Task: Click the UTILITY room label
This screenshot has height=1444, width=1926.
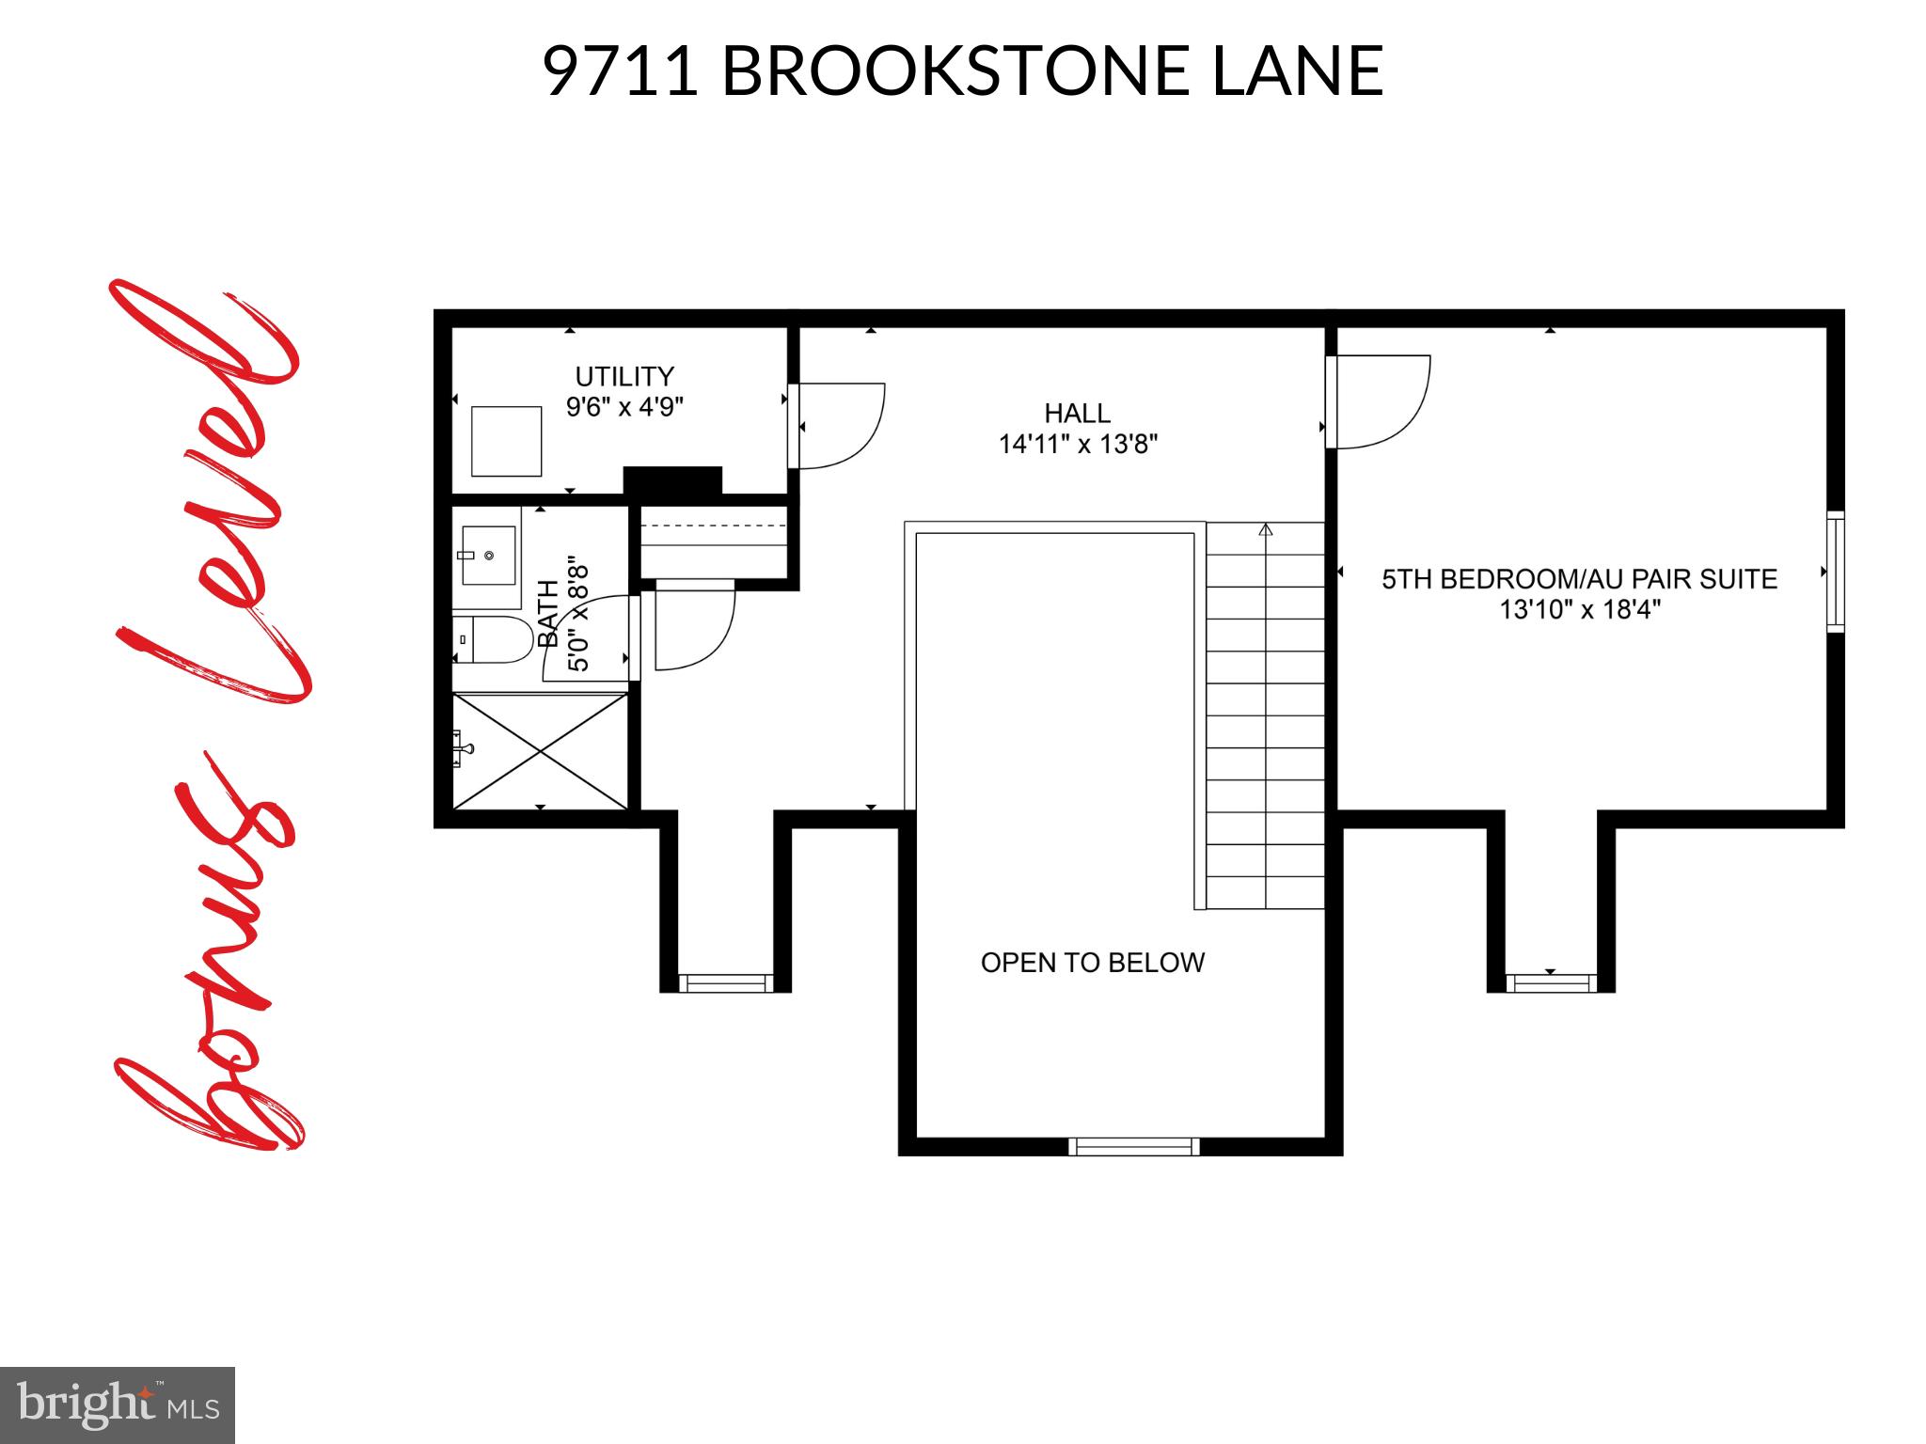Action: click(x=624, y=377)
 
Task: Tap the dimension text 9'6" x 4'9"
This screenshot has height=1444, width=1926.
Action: click(x=624, y=408)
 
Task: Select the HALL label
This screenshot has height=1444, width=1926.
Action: click(x=1077, y=414)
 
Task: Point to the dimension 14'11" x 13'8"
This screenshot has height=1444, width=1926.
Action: click(x=1078, y=444)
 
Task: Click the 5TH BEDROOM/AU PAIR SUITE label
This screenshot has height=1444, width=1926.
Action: click(x=1579, y=579)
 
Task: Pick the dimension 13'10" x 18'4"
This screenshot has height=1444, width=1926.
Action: click(x=1579, y=610)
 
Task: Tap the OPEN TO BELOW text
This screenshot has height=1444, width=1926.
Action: click(x=1092, y=963)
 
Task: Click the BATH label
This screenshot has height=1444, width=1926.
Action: click(x=548, y=613)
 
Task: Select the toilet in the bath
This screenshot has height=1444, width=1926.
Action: click(x=491, y=639)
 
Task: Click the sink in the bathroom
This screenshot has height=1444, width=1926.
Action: click(x=488, y=556)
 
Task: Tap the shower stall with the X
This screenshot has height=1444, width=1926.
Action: click(x=540, y=750)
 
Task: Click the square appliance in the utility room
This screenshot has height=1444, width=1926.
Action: click(x=506, y=441)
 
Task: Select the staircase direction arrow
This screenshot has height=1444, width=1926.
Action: click(x=1266, y=530)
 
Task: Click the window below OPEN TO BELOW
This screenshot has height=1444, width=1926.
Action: click(x=1133, y=1146)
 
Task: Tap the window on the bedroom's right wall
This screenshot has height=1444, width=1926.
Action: click(x=1835, y=572)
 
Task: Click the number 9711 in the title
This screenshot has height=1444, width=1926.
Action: click(x=621, y=71)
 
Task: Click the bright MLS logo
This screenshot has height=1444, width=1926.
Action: click(x=118, y=1405)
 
